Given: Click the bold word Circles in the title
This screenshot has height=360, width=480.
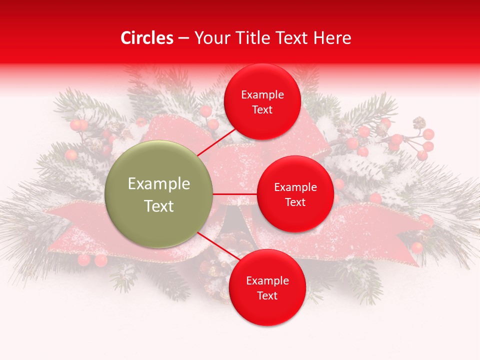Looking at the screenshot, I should click(x=147, y=38).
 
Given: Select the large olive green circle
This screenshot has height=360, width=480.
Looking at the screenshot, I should click(x=159, y=194).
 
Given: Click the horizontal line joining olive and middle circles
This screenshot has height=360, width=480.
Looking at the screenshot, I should click(x=235, y=194).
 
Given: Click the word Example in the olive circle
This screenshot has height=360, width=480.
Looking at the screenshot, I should click(x=159, y=184).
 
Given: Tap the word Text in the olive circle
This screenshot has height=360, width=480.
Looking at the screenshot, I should click(x=159, y=206).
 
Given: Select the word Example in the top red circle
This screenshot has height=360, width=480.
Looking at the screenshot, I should click(x=262, y=95).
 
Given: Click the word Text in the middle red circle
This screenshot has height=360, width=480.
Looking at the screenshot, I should click(x=295, y=202).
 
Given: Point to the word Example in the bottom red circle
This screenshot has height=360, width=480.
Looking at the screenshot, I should click(x=267, y=281).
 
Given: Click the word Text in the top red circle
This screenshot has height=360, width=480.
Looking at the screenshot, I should click(x=262, y=110).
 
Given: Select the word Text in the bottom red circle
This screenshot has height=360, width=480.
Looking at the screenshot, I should click(x=267, y=296).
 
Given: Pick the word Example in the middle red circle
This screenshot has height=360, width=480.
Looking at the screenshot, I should click(x=295, y=187).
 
